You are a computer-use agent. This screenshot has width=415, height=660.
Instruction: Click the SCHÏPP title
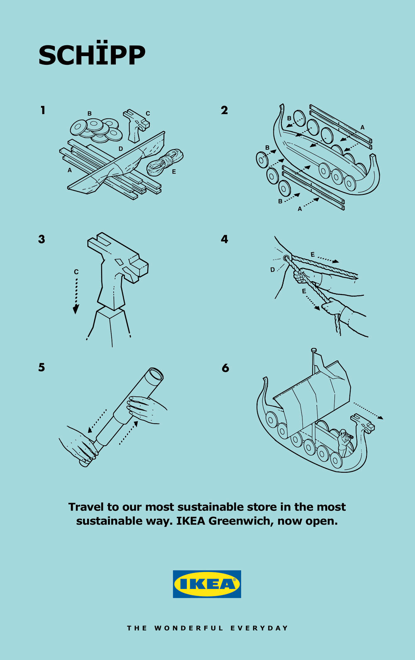coord(92,55)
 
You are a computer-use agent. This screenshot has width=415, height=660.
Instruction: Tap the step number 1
coord(43,110)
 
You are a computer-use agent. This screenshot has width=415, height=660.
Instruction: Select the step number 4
coord(225,239)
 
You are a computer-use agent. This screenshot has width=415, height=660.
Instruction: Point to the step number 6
coord(225,368)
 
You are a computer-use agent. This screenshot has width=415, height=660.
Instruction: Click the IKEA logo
coord(207,584)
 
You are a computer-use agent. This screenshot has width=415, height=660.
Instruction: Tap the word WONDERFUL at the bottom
coord(189,628)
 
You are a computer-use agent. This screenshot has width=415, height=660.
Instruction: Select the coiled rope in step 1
coord(165,162)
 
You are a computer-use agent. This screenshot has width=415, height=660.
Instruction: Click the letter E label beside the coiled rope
coord(174,172)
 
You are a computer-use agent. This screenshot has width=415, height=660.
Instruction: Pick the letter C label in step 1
coord(148,113)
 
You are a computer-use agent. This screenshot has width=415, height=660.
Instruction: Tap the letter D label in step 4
coord(273,270)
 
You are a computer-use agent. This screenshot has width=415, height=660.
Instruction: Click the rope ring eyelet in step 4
coord(286,258)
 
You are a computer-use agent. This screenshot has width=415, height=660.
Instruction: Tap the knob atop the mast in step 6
coord(314,350)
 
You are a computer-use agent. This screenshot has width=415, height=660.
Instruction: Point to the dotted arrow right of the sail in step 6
coord(368,410)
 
